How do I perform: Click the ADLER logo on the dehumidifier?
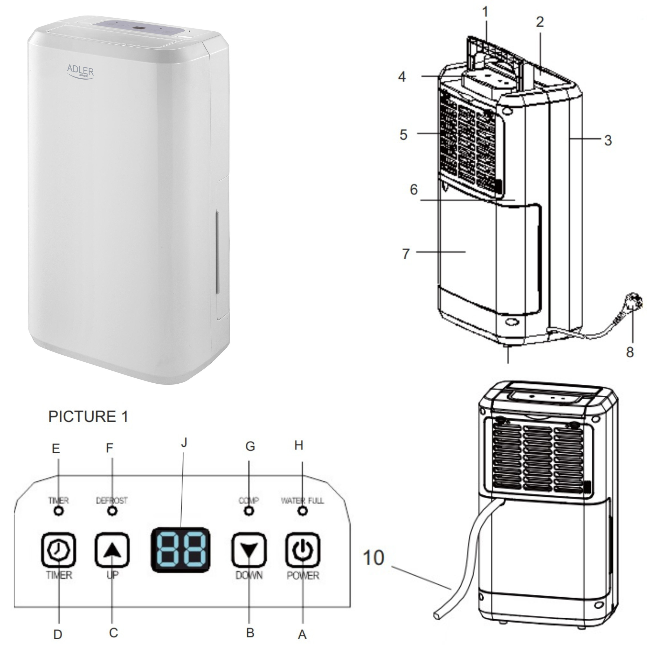pos(80,71)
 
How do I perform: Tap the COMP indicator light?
pos(249,511)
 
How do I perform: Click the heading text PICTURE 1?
pos(88,417)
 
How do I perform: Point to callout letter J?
pos(184,443)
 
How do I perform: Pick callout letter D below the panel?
pos(58,634)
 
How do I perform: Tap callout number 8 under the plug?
pos(630,352)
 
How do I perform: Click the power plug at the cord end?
pos(634,303)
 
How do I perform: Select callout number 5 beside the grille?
pos(404,135)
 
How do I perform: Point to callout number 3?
pos(608,140)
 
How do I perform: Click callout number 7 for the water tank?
pos(406,254)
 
